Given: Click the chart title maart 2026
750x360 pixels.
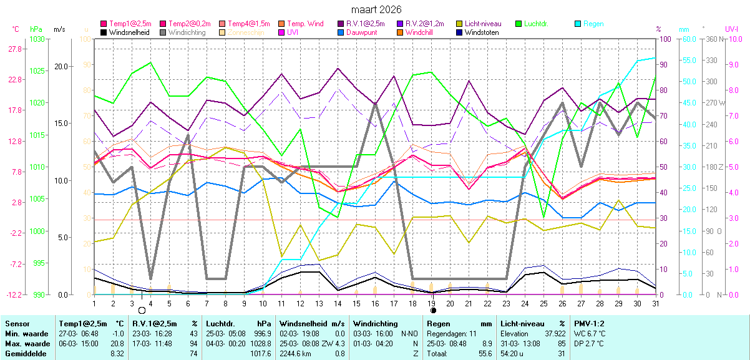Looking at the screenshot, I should (x=376, y=10).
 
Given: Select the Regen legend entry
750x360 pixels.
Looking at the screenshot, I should (x=593, y=24).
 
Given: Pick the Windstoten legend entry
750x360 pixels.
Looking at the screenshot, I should (x=482, y=32).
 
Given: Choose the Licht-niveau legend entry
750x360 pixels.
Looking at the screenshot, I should (x=484, y=24).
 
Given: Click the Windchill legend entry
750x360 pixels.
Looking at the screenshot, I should (x=421, y=32).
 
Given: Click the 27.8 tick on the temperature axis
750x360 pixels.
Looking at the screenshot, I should (x=15, y=49).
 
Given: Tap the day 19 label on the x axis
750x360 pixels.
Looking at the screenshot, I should (x=431, y=303).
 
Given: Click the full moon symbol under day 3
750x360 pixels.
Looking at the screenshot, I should (x=142, y=310).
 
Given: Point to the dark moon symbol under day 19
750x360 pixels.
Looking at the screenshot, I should (x=432, y=310).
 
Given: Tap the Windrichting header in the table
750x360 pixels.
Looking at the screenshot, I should (x=376, y=324).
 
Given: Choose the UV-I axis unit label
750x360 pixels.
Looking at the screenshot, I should (x=732, y=29).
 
